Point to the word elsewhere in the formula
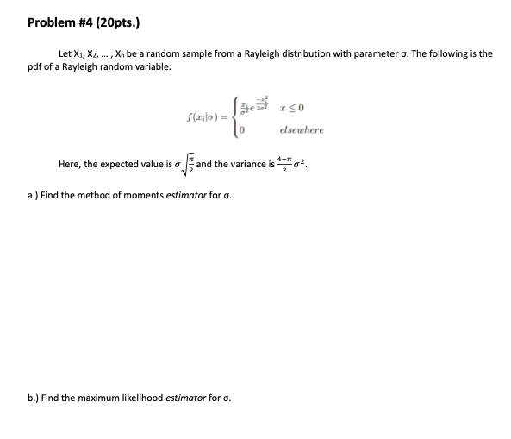point(301,130)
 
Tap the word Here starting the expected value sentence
point(69,163)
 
